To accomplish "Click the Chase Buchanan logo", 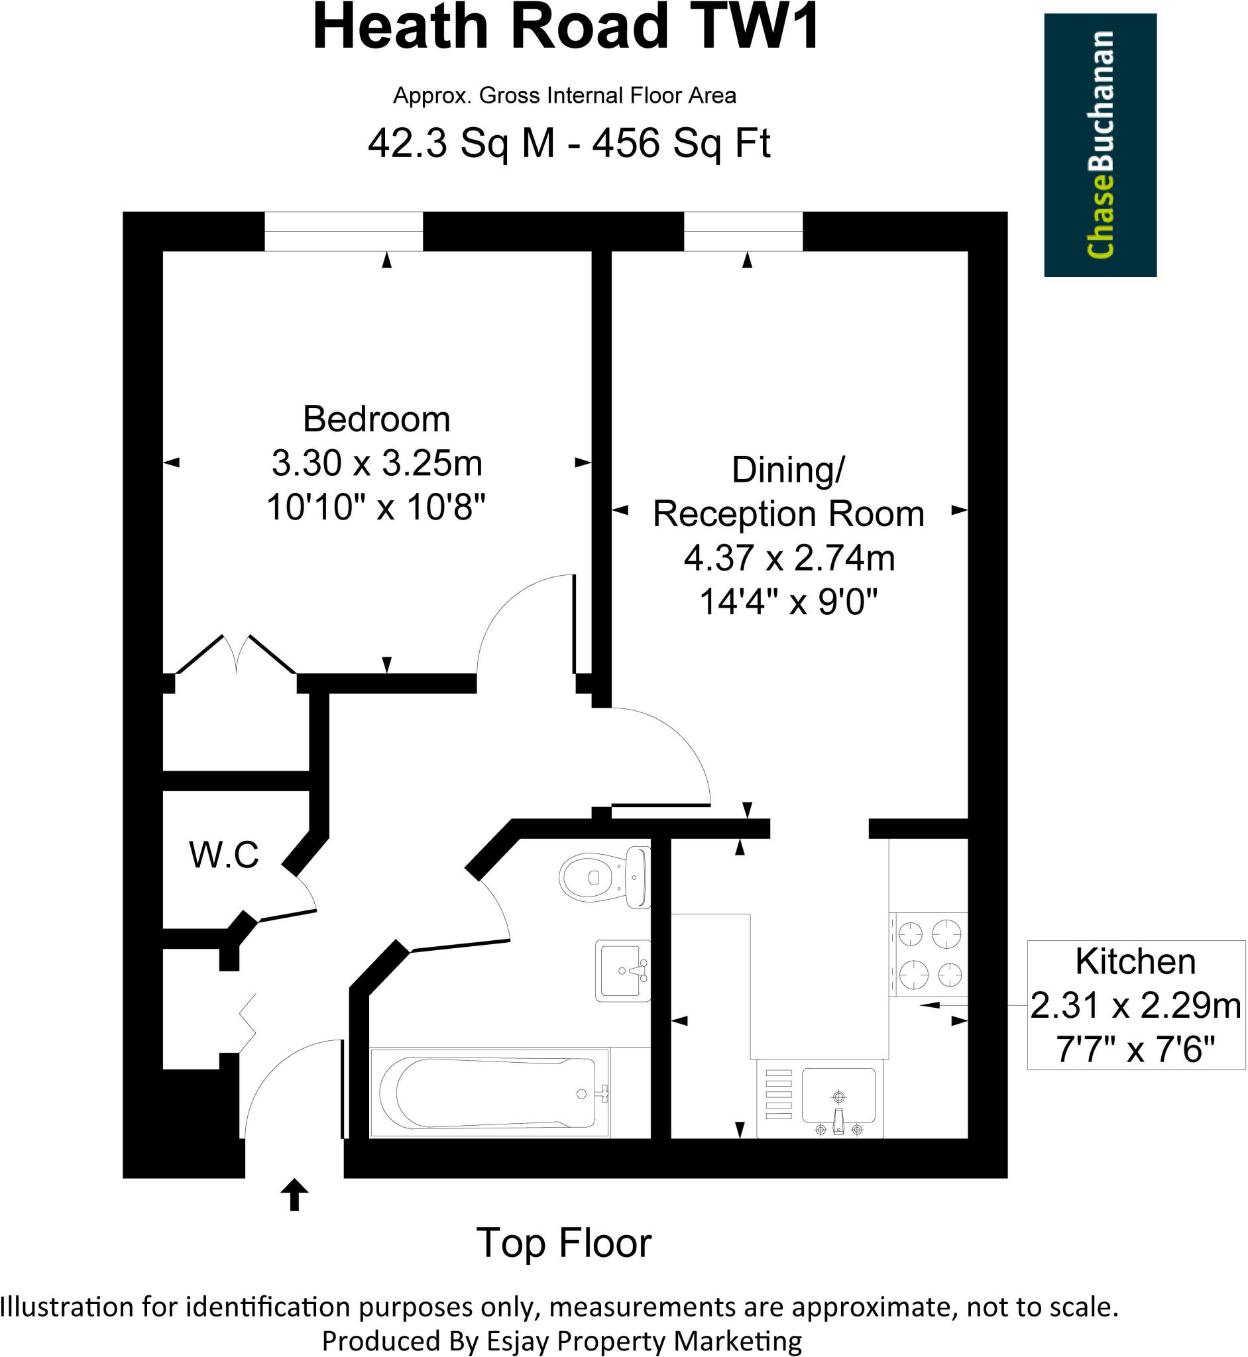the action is click(x=1100, y=145).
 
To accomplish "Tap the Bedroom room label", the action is click(x=376, y=419).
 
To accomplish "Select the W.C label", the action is click(x=224, y=855).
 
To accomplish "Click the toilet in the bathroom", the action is click(x=605, y=877).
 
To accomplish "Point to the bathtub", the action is click(x=490, y=1093).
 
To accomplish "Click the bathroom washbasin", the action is click(x=622, y=970).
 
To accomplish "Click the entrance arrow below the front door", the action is click(x=294, y=1194).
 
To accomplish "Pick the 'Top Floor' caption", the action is click(x=564, y=1243).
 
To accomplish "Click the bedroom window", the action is click(x=344, y=231).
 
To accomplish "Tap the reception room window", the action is click(x=744, y=231).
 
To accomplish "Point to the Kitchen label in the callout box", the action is click(x=1135, y=961).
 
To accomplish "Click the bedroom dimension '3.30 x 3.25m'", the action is click(x=377, y=463).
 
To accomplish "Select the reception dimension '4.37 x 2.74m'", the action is click(x=789, y=558).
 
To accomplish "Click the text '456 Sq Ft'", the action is click(x=681, y=143).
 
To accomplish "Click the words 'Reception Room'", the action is click(x=788, y=514).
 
